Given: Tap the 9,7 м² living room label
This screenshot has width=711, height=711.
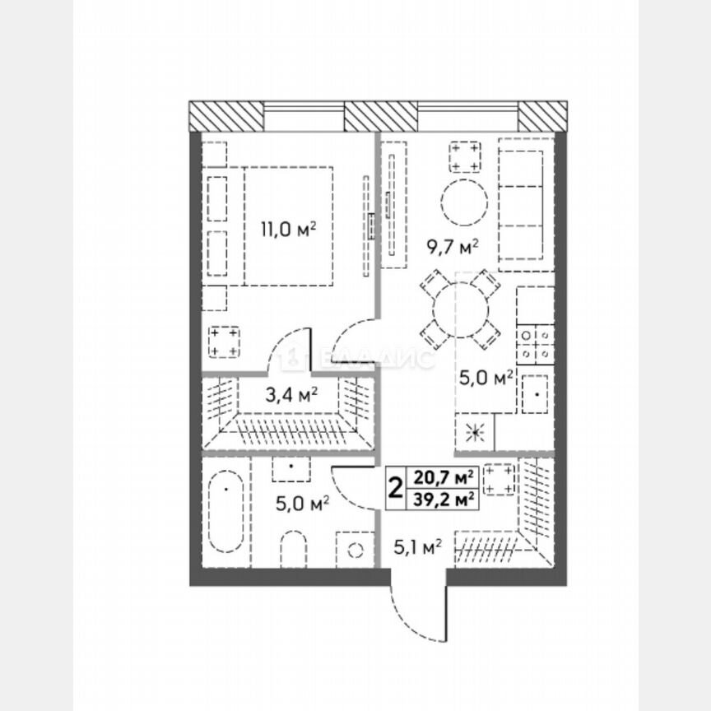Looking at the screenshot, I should coord(452,244).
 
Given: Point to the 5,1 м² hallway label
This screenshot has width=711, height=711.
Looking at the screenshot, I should coord(415,545).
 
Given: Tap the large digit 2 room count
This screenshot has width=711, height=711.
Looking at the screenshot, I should coord(395,488).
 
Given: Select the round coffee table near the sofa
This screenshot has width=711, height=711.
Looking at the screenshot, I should coord(465,202).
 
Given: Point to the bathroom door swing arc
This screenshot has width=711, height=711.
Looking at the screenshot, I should coord(350,490).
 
